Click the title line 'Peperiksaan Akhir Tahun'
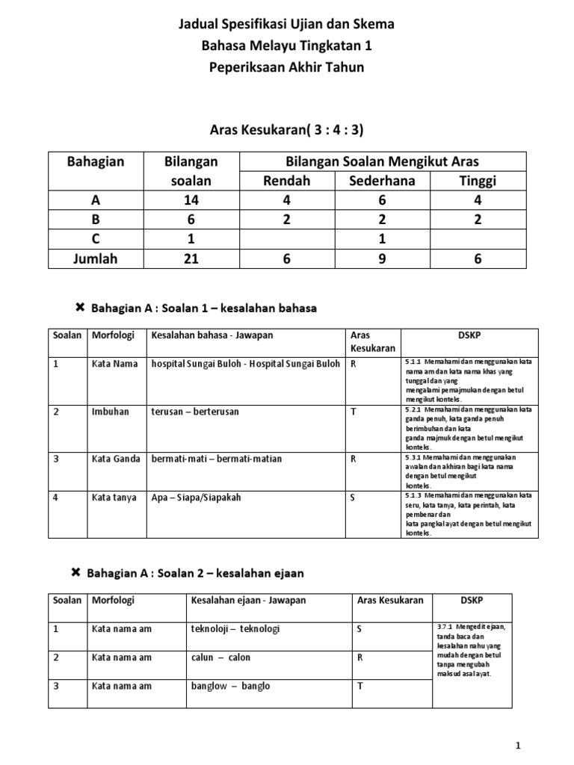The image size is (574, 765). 287,67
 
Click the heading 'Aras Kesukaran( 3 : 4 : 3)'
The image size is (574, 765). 287,130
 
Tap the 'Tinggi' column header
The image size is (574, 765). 478,182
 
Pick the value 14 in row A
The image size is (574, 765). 191,200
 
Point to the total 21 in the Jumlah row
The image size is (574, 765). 191,258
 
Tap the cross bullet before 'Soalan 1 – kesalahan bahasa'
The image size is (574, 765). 78,307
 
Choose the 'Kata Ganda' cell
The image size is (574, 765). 116,459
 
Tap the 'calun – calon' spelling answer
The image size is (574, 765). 221,657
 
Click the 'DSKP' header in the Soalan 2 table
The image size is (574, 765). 472,600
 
